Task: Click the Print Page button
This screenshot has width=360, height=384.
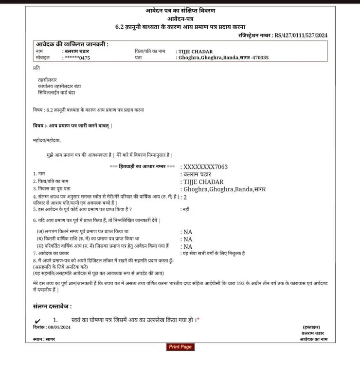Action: coord(180,347)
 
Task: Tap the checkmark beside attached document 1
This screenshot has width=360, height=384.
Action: coord(38,321)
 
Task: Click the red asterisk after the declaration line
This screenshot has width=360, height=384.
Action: coord(198,320)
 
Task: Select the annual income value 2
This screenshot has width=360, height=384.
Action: coord(185,197)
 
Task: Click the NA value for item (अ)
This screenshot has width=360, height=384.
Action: coord(188,232)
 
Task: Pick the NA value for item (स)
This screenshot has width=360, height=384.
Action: coord(188,246)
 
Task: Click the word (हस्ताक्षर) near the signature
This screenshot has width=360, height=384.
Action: coord(311,327)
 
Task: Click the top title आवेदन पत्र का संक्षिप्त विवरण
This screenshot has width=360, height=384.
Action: coord(180,10)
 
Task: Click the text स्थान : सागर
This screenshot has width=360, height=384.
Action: coord(45,338)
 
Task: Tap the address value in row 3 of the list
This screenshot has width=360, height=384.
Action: coord(224,189)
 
